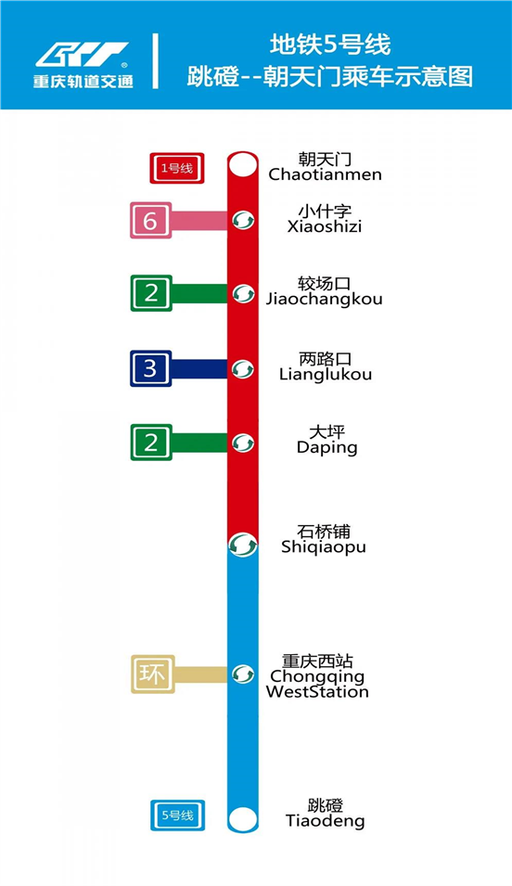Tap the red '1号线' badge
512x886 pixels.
[177, 168]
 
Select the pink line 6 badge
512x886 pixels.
[151, 221]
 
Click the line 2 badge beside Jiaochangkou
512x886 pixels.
[151, 293]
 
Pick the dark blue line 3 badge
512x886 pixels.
[151, 368]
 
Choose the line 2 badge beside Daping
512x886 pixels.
[151, 443]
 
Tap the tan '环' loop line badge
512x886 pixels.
[153, 674]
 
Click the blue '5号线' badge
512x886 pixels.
[177, 815]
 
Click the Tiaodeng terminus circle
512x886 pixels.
[243, 818]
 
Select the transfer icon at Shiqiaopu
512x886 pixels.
[243, 546]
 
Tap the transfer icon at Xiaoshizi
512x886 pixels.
[243, 220]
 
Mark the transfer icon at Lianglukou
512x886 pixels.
[243, 369]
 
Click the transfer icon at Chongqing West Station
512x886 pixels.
[243, 674]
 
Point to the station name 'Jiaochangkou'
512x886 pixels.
[325, 300]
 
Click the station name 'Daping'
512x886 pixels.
[327, 448]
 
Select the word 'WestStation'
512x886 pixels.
[317, 691]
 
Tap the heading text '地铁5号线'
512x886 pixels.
[330, 45]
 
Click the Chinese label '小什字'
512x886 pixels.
[325, 212]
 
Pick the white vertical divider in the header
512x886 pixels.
[156, 61]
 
